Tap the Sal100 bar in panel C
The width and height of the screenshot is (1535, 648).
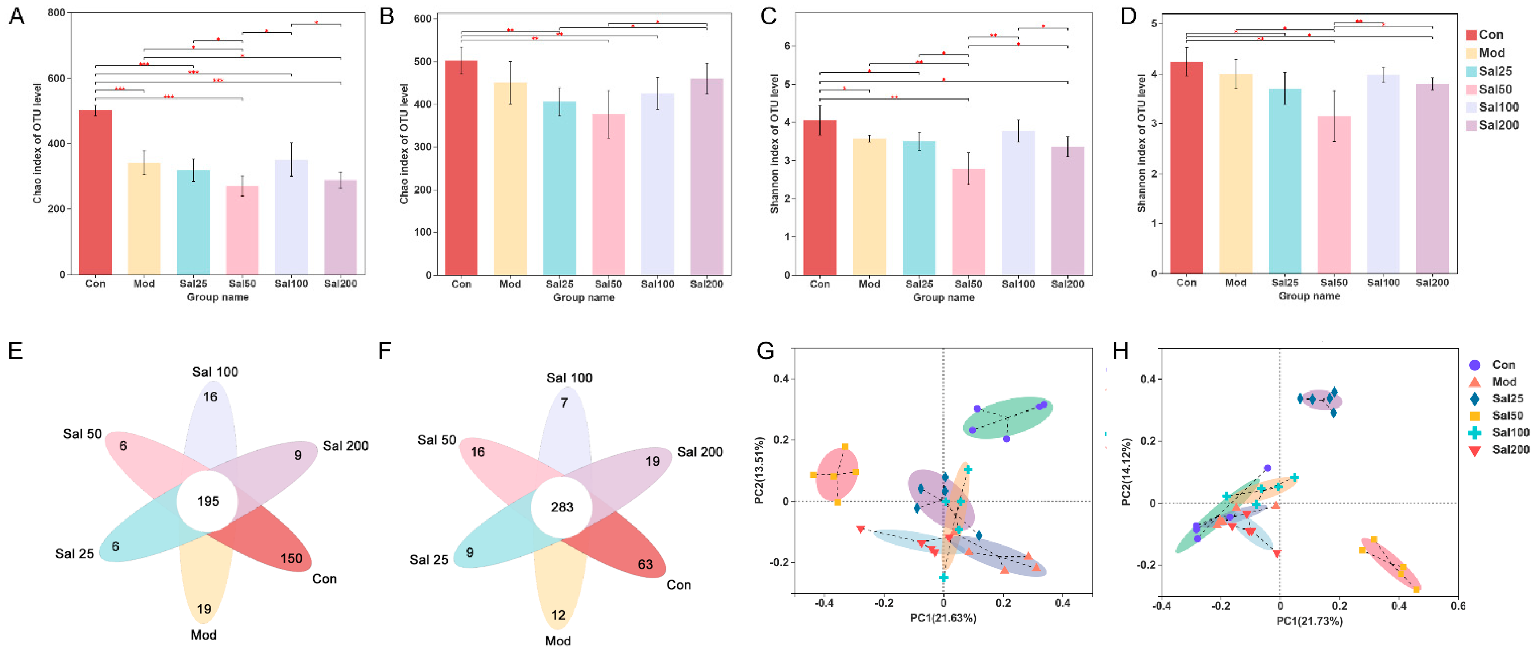(1018, 203)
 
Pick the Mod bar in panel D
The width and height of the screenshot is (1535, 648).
(1235, 173)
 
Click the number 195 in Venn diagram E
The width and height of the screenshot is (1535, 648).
(208, 501)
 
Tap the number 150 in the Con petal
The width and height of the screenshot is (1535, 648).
(291, 558)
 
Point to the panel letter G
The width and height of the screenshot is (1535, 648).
(765, 350)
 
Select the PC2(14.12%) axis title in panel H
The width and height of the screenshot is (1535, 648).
(1126, 472)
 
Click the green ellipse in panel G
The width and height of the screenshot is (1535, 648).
(1007, 417)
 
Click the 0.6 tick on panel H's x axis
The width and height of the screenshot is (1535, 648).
(1457, 606)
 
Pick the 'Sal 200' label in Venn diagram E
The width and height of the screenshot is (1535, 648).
(346, 445)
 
